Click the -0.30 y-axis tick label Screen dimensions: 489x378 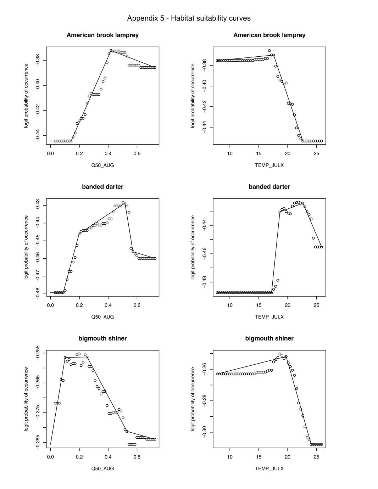205,432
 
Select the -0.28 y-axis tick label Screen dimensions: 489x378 205,401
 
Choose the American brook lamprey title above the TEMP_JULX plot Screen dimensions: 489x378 269,35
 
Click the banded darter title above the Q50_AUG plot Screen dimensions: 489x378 102,187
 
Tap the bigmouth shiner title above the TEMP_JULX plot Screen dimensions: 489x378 269,338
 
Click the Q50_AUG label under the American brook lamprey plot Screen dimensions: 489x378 102,165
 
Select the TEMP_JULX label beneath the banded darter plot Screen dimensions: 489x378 269,317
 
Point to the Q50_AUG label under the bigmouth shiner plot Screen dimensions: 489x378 102,468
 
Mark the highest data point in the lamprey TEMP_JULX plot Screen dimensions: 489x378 269,51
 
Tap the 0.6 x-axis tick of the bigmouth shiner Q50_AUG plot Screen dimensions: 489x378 137,457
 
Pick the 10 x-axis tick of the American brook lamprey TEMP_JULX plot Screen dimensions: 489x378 230,153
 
